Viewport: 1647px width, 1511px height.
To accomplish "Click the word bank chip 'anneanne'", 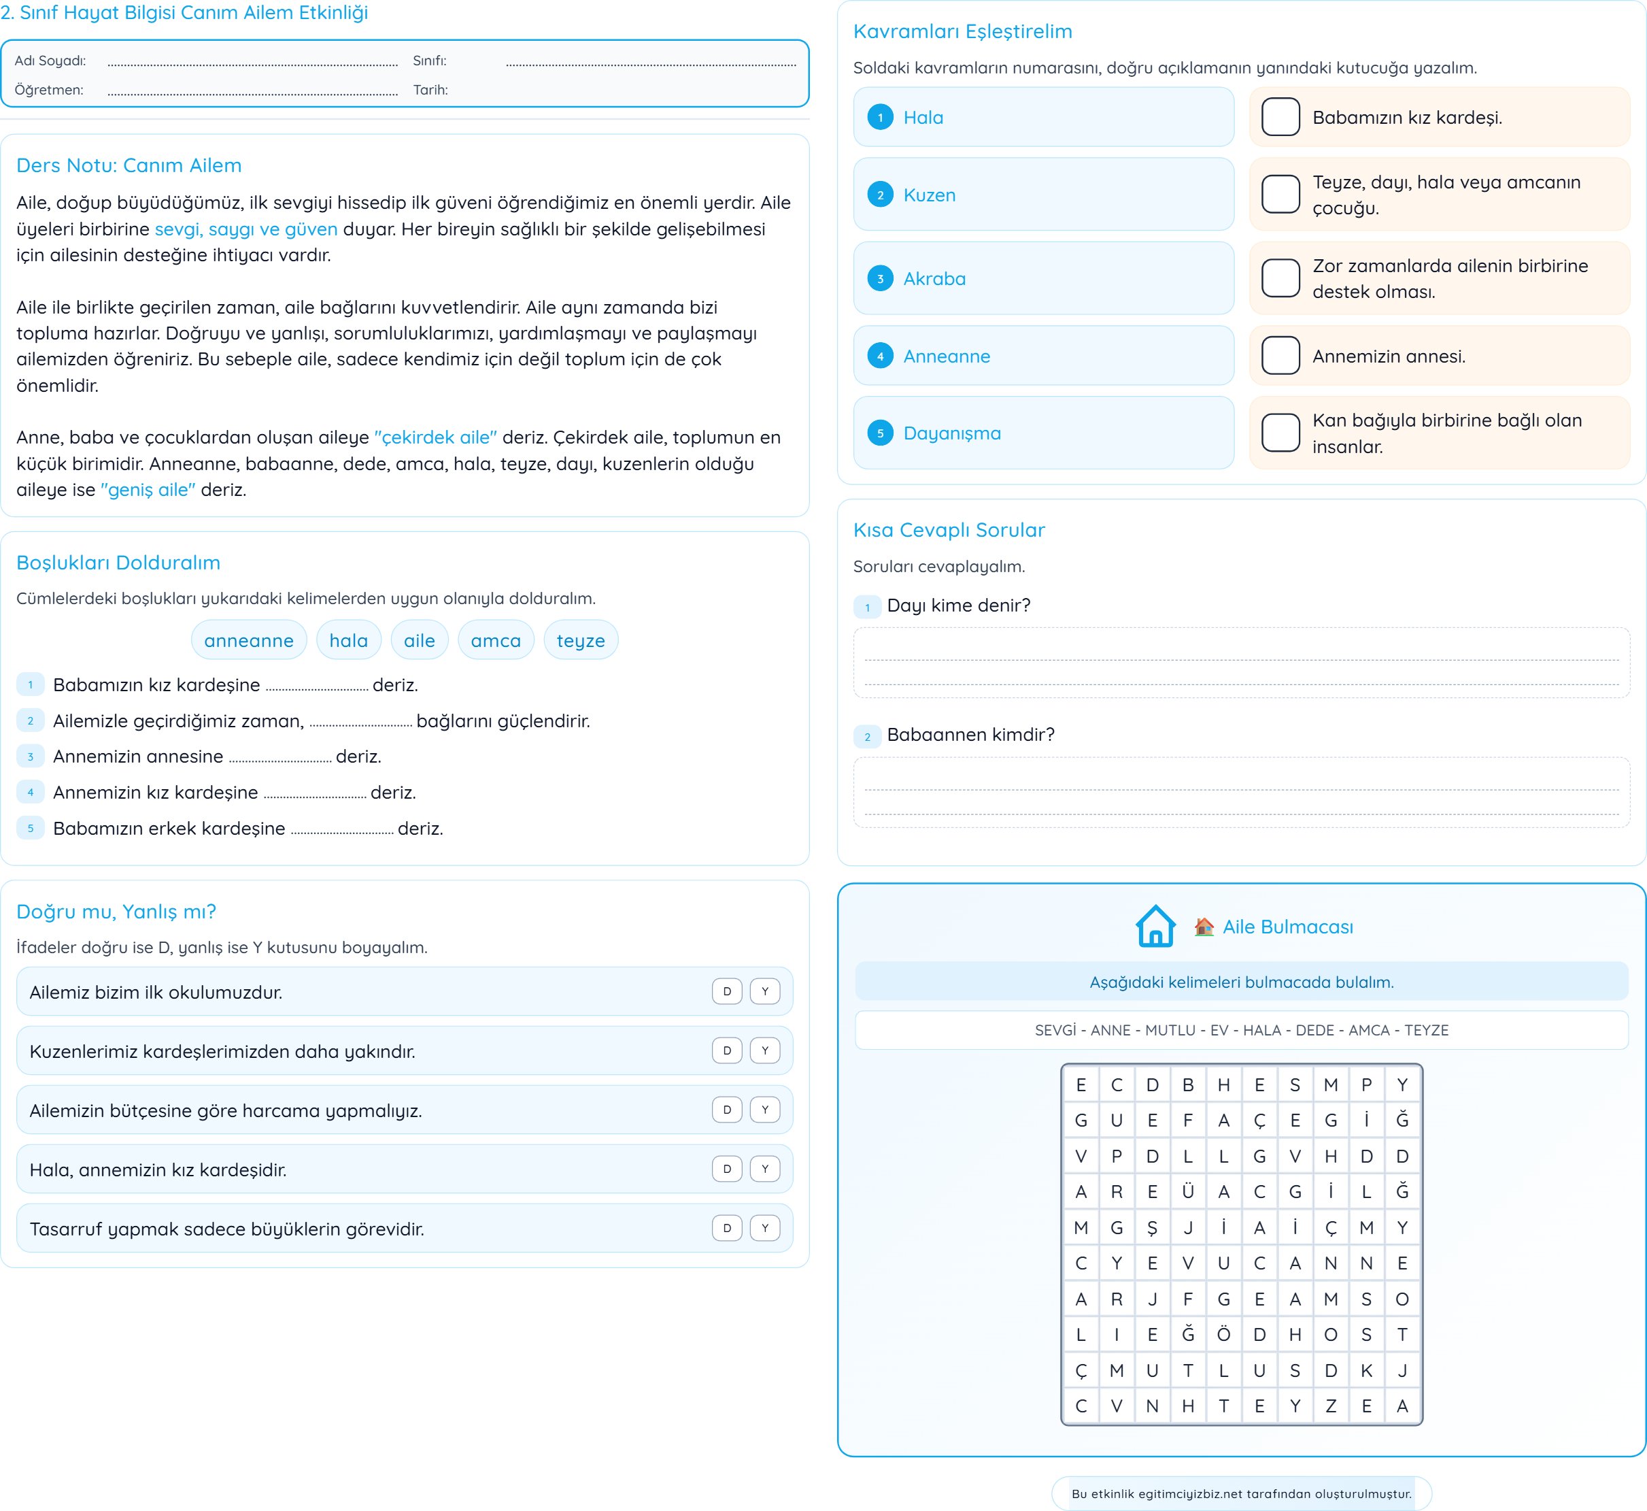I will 248,640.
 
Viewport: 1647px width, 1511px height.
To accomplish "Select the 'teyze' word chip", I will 580,640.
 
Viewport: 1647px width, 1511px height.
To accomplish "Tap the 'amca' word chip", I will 495,640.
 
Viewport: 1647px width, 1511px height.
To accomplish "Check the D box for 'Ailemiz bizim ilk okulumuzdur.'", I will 727,991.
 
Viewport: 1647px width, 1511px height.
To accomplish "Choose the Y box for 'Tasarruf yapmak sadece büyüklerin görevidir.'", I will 764,1227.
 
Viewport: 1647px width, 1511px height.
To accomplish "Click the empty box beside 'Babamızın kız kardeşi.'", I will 1280,117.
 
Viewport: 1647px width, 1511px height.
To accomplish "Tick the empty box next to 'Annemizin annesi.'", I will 1280,356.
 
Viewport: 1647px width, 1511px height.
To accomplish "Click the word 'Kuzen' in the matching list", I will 930,195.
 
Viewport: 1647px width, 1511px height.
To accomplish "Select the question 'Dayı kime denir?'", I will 958,605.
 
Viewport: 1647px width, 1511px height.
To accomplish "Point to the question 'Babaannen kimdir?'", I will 970,734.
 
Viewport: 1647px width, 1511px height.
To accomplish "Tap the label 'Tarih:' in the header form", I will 430,90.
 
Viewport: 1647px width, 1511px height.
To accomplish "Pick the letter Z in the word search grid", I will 1330,1406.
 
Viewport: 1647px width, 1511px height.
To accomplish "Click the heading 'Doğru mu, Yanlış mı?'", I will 116,911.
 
